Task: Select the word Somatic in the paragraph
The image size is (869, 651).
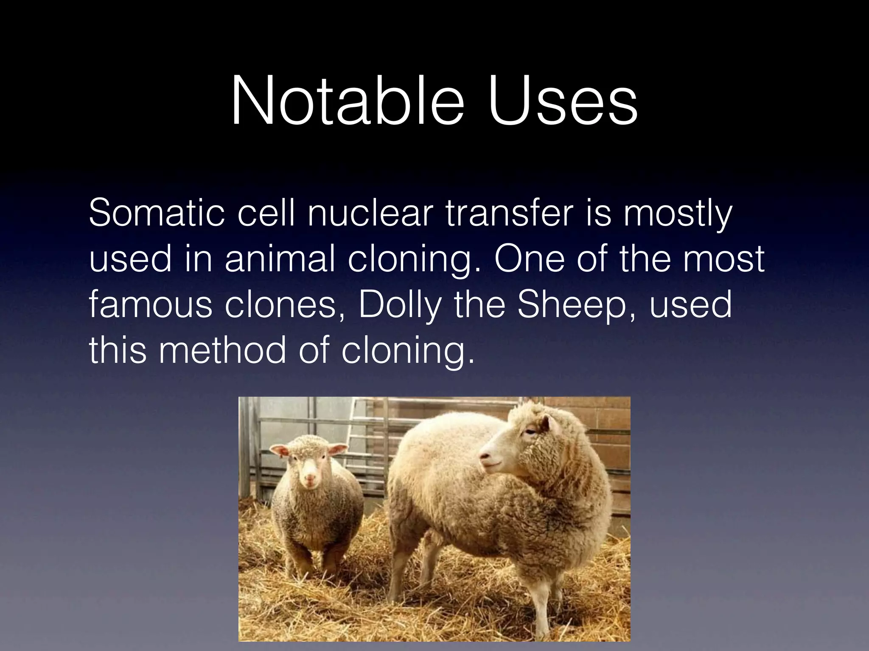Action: click(x=157, y=213)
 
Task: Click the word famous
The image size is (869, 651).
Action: click(x=150, y=305)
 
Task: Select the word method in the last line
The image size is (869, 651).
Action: click(x=222, y=351)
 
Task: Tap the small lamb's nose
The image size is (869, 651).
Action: click(x=311, y=479)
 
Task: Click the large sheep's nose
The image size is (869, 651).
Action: click(x=484, y=457)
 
